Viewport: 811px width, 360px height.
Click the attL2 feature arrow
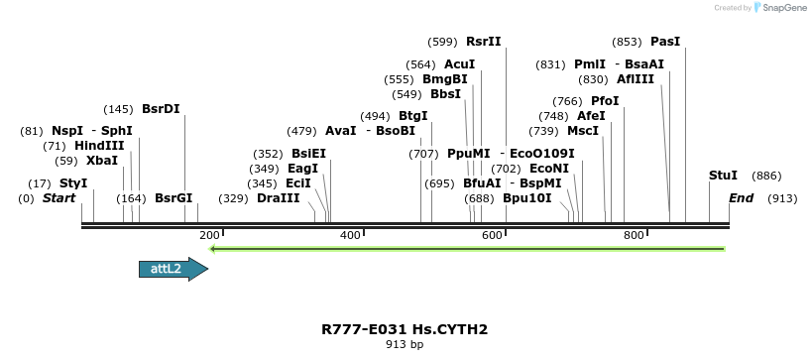click(x=173, y=269)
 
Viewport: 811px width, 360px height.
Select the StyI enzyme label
click(x=73, y=183)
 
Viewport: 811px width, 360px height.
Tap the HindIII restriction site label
click(x=99, y=146)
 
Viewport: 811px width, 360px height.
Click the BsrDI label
click(x=161, y=108)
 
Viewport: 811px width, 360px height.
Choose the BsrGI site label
click(x=174, y=198)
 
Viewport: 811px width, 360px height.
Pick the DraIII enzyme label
click(x=278, y=198)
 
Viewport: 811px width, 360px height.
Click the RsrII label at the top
click(x=484, y=42)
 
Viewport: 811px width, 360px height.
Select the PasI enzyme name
click(x=665, y=42)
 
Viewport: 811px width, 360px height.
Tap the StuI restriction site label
click(x=723, y=176)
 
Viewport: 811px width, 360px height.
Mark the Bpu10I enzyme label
click(x=526, y=198)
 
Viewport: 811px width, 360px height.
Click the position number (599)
click(x=442, y=42)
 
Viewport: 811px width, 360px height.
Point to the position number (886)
click(x=766, y=176)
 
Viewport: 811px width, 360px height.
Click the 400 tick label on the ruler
click(x=350, y=235)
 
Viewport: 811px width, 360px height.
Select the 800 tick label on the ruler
click(x=633, y=235)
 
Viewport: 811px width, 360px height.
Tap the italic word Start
click(x=58, y=198)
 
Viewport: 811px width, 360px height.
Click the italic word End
click(x=742, y=198)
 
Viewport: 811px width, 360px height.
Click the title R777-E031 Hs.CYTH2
click(x=405, y=329)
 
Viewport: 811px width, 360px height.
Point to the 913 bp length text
click(x=405, y=345)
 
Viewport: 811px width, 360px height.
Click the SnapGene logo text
click(x=784, y=8)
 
